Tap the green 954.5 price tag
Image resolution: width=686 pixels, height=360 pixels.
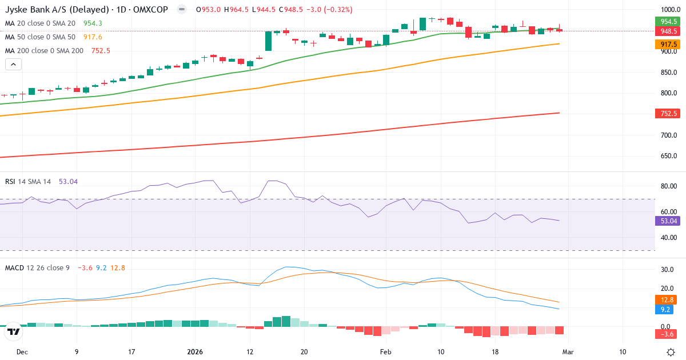coord(665,21)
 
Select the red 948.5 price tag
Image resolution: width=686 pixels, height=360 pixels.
coord(665,31)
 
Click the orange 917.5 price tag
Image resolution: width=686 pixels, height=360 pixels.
coord(665,44)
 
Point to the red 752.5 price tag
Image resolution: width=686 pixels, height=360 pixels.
coord(665,114)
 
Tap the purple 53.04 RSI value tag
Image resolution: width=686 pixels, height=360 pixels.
coord(665,221)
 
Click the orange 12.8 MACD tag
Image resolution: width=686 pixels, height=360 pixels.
coord(665,300)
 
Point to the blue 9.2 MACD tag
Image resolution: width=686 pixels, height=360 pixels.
coord(665,309)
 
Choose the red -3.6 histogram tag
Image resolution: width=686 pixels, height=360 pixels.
coord(665,333)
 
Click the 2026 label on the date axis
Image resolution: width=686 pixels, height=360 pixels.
coord(196,352)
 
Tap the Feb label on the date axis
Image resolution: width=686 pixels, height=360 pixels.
coord(386,352)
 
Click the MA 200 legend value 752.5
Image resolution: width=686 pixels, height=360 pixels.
coord(101,50)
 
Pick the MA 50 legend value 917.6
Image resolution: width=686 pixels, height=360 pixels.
coord(93,37)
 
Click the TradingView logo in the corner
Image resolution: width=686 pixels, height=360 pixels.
coord(14,331)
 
